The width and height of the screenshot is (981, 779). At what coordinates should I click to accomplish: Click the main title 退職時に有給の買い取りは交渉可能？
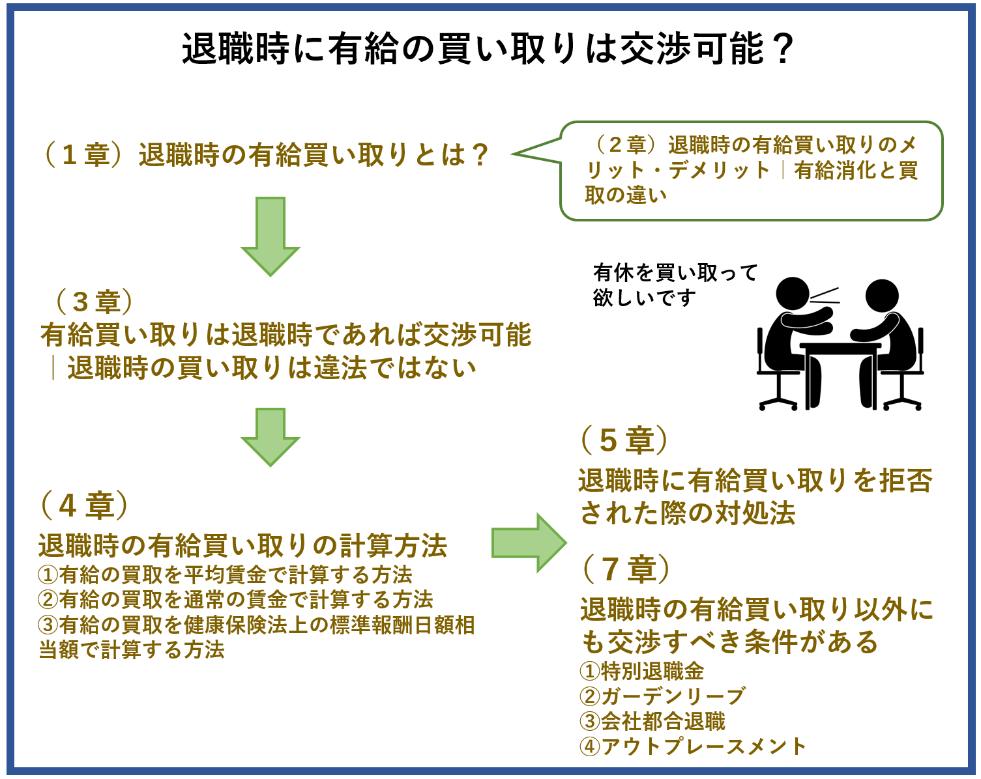488,49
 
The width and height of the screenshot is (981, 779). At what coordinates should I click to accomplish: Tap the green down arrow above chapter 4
271,436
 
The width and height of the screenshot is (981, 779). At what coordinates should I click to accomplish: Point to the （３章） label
95,302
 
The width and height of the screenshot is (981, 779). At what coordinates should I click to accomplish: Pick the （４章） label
84,505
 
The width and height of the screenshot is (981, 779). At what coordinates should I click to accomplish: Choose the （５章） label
624,440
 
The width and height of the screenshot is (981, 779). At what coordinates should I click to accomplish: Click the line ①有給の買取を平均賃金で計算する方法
226,574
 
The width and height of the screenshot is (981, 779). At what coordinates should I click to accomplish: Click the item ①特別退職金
642,671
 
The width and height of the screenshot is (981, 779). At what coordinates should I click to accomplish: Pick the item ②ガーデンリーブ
662,696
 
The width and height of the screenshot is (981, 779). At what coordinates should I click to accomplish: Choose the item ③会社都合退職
652,721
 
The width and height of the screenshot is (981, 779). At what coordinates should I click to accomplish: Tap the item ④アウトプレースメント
693,746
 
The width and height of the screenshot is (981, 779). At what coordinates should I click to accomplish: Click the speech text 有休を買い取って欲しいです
674,285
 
